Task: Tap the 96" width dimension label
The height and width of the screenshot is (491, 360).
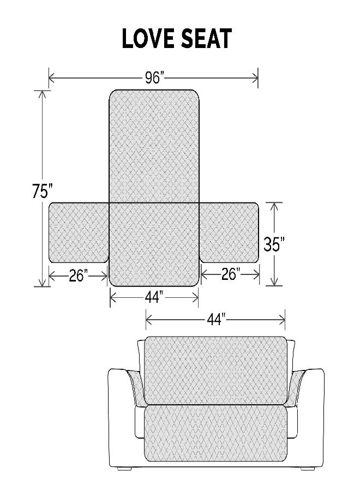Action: click(x=154, y=78)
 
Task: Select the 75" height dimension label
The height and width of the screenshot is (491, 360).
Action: click(x=42, y=193)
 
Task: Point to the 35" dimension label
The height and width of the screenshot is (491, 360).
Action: click(x=274, y=244)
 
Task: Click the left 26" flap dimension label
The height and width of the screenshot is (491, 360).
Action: click(x=79, y=276)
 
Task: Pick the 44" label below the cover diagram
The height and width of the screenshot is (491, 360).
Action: click(x=154, y=298)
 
